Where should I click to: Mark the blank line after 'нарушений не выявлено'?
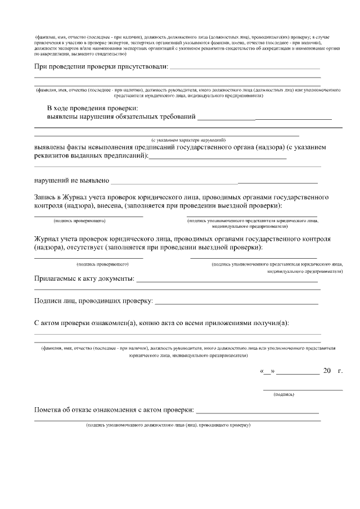click(x=214, y=183)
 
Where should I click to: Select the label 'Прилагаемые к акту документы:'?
click(x=84, y=278)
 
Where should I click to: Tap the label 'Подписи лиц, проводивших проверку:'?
click(x=93, y=301)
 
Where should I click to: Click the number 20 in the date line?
click(x=327, y=371)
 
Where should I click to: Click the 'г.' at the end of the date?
click(x=340, y=371)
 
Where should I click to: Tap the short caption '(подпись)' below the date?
click(x=283, y=395)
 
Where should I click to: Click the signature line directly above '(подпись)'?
click(x=303, y=390)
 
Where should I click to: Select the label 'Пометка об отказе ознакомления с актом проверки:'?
click(x=114, y=410)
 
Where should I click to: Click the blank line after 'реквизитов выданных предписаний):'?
click(x=218, y=158)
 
